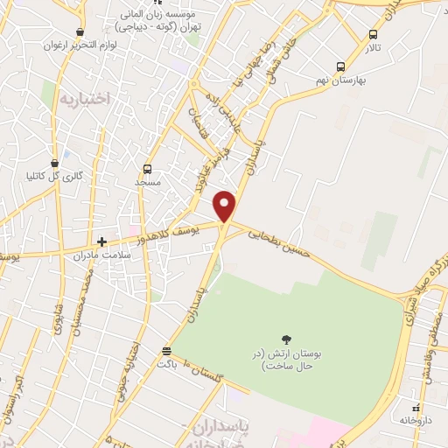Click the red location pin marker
[x=226, y=205]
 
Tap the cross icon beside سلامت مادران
[x=102, y=241]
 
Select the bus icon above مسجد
[x=147, y=169]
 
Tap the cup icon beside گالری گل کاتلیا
[x=55, y=163]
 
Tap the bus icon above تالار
[x=374, y=34]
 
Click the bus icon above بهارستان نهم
[x=339, y=66]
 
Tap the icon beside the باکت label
[x=166, y=352]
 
